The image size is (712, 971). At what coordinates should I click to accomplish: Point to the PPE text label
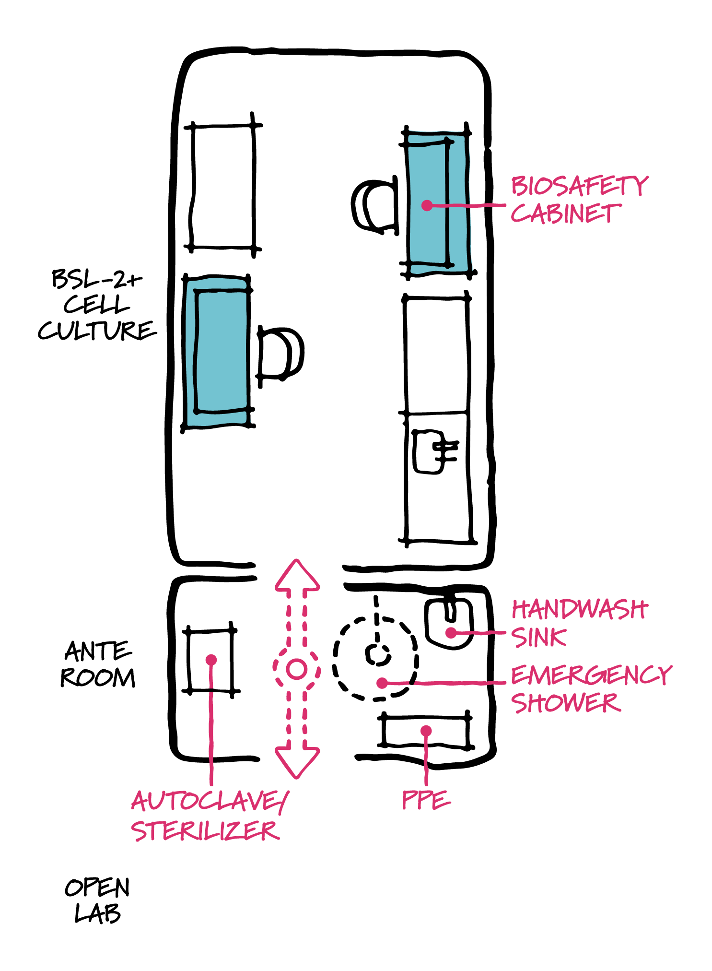coord(426,800)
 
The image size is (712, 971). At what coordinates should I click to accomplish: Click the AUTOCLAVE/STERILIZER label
coord(209,816)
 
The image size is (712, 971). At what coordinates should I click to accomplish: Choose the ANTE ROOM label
coord(98,664)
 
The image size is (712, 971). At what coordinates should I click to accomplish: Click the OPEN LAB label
coord(97,900)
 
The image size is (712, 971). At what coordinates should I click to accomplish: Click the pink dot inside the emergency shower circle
coord(382,682)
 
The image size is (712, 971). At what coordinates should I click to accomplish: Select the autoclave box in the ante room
coord(210,659)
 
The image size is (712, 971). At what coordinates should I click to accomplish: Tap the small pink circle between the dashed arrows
coord(296,669)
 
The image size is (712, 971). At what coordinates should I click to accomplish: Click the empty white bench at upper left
coord(223,187)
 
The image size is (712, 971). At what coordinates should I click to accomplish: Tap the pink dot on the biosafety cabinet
coord(426,205)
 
